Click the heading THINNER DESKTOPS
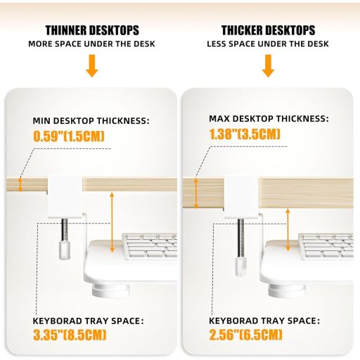coord(91,30)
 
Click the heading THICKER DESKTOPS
coord(268,30)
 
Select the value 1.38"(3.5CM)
coord(245,134)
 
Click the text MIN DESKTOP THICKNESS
coord(91,120)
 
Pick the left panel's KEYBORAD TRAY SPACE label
coord(88,321)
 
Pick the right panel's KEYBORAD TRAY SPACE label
coord(264,321)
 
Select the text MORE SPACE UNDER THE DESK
coord(91,44)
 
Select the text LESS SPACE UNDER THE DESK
coord(268,44)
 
